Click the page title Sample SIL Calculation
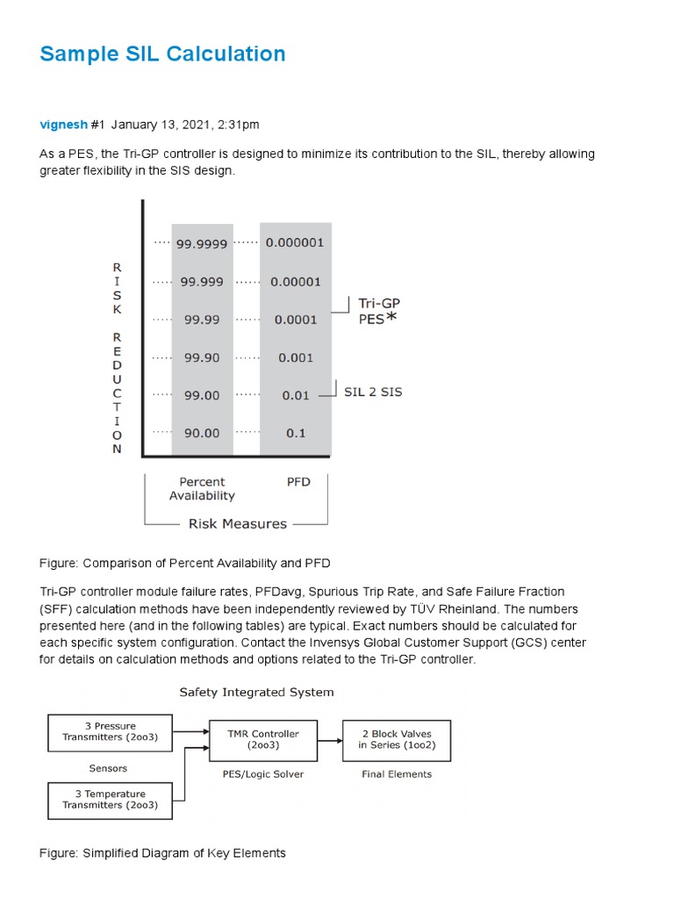coord(162,54)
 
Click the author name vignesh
coord(63,125)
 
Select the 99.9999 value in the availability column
coord(202,244)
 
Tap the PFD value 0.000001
coord(295,243)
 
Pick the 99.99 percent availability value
coord(202,320)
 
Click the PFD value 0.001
coord(296,357)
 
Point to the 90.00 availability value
coord(202,433)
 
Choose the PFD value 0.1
coord(297,433)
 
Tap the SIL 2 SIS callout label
coord(373,392)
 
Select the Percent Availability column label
coord(202,488)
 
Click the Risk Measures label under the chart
coord(238,523)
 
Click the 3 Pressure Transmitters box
coord(110,732)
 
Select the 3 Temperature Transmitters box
coord(110,800)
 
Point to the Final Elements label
coord(397,774)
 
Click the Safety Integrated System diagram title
coord(256,692)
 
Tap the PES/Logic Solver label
coord(262,774)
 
